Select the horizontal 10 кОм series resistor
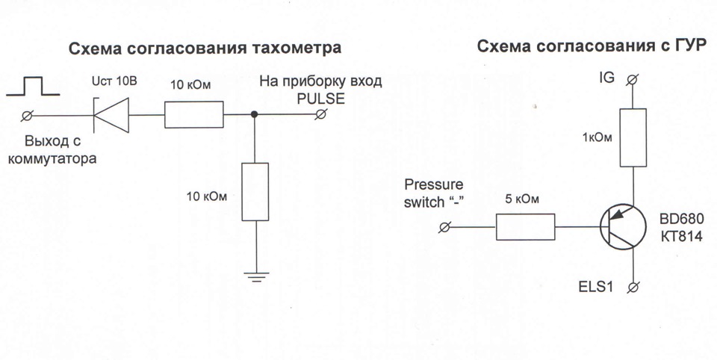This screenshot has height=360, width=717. [x=193, y=114]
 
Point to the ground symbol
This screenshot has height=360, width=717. [x=255, y=276]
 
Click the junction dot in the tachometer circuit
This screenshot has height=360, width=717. [x=255, y=114]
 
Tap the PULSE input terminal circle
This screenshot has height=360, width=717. [x=323, y=114]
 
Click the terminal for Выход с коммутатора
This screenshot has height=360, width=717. [x=30, y=114]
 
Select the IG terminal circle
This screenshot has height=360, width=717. [x=633, y=78]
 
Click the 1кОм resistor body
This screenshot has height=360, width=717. [x=633, y=137]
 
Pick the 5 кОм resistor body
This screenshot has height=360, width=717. [x=525, y=226]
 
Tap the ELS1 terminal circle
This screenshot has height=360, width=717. [x=633, y=287]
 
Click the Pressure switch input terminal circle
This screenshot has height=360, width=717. [x=446, y=226]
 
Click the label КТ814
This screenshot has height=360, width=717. [x=677, y=238]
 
